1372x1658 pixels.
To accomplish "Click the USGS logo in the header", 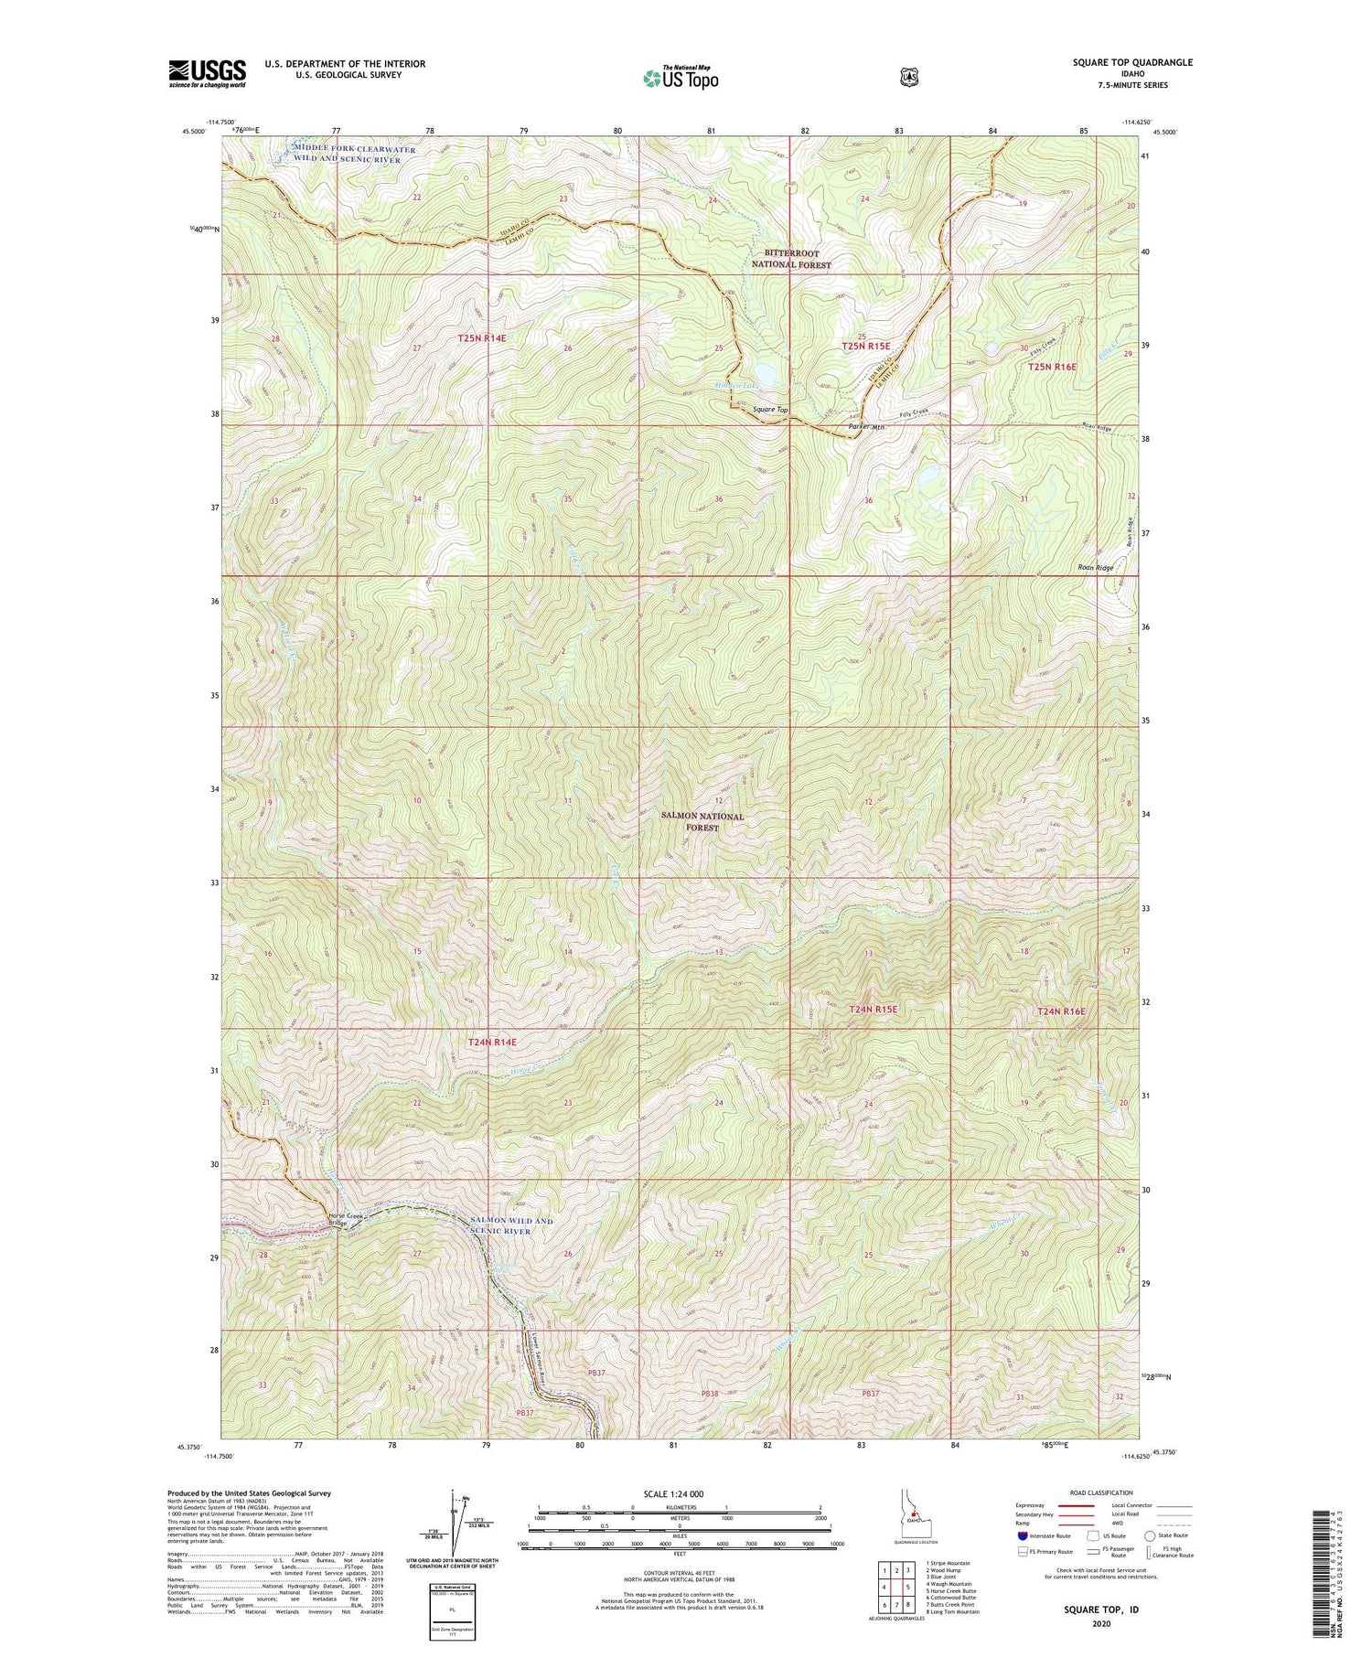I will tap(207, 73).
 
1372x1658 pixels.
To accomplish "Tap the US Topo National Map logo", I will tap(681, 77).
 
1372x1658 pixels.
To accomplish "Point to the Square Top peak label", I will tap(770, 410).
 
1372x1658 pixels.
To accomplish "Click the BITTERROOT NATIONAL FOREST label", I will tap(791, 259).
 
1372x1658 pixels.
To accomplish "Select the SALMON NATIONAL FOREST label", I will tap(703, 821).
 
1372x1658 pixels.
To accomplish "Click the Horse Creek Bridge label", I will tap(347, 1219).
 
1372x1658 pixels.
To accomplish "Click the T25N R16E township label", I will tap(1052, 367).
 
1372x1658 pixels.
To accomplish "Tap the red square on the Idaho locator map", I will tap(913, 1523).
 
